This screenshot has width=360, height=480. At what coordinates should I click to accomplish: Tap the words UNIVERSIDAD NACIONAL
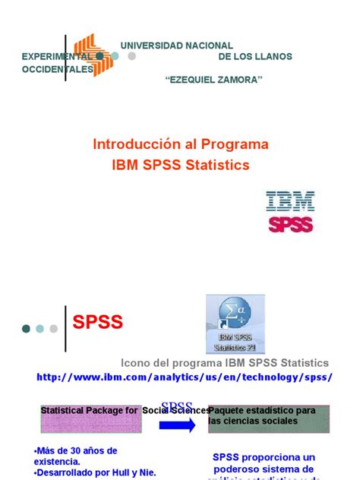coord(176,46)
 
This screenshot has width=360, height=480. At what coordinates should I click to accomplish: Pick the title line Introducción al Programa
coord(180,144)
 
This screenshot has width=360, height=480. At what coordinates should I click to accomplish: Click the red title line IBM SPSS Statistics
coord(180,163)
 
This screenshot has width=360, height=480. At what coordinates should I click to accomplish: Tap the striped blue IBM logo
coord(290,202)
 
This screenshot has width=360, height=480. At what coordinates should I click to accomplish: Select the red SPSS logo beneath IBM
coord(290,225)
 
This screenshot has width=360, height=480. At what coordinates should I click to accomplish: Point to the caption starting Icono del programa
coord(226,363)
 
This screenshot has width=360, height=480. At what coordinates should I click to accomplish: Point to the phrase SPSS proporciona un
coord(263,456)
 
